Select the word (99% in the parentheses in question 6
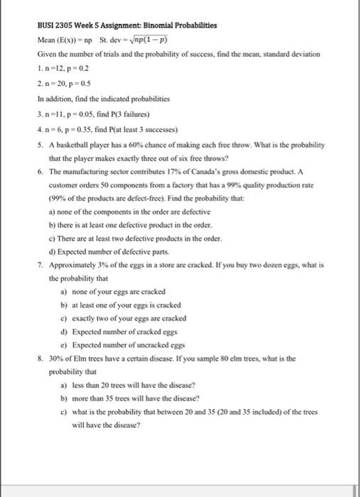(x=59, y=199)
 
